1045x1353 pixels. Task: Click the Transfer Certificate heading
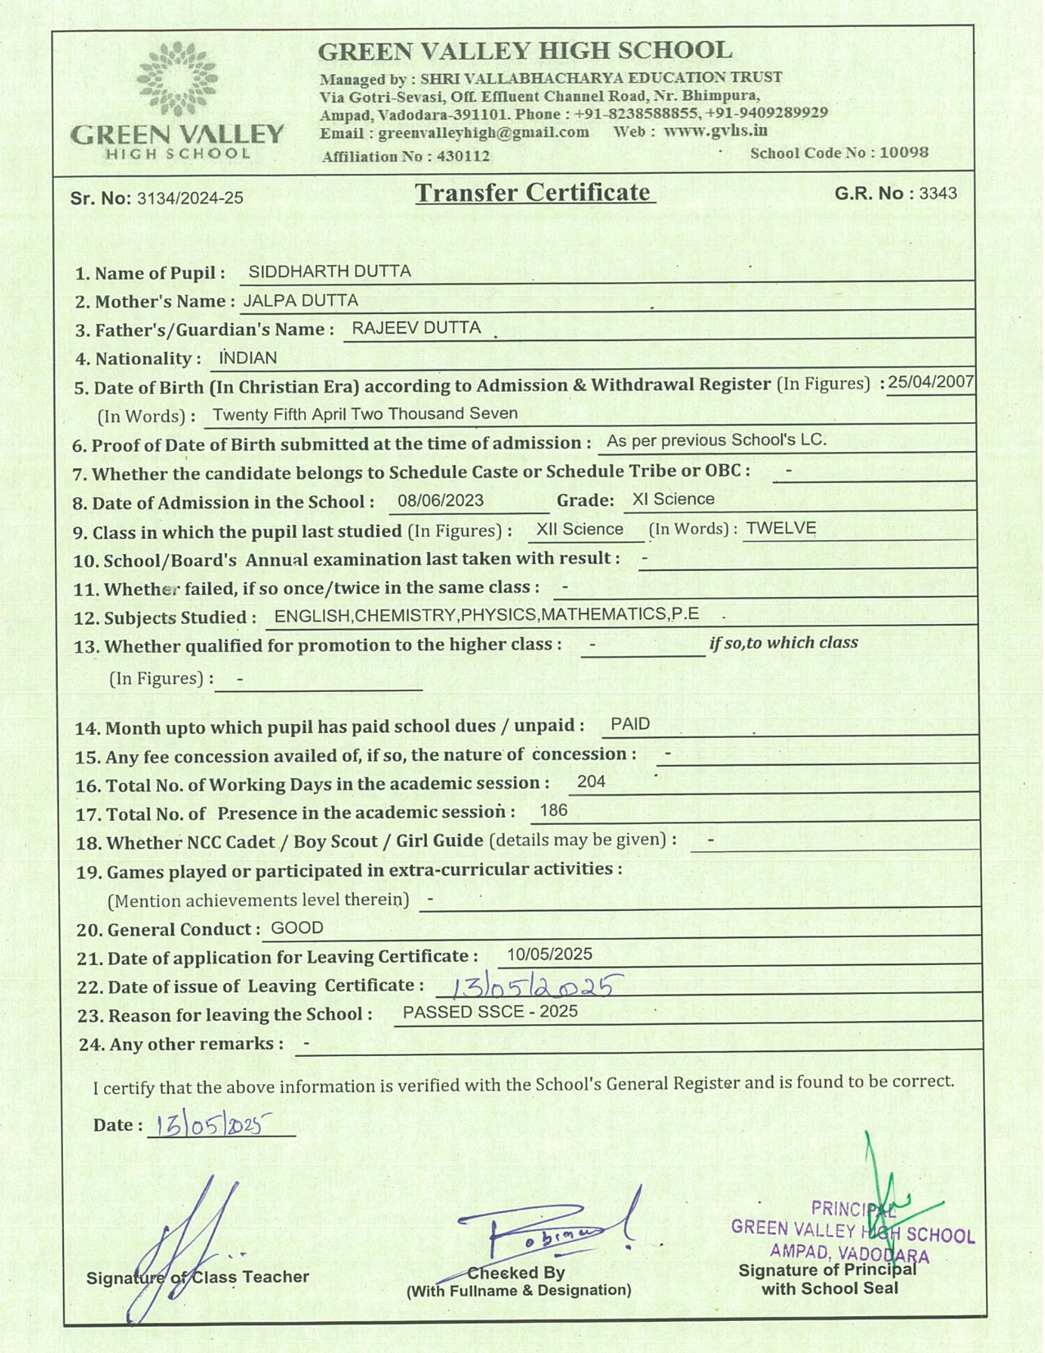[x=534, y=193]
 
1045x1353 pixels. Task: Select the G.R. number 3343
[x=938, y=194]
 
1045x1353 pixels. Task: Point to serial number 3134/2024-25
[x=189, y=198]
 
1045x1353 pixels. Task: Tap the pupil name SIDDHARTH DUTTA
[x=329, y=271]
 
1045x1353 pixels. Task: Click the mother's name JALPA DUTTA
[x=300, y=301]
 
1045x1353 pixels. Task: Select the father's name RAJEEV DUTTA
[x=416, y=328]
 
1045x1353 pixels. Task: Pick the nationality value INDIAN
[x=248, y=358]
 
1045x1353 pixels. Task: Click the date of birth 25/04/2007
[x=930, y=382]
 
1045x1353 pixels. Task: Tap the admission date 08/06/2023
[x=440, y=500]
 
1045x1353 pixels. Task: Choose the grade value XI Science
[x=673, y=499]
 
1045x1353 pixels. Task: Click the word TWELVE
[x=781, y=528]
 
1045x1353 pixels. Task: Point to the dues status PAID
[x=630, y=724]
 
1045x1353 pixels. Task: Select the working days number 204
[x=591, y=781]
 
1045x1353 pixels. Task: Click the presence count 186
[x=554, y=810]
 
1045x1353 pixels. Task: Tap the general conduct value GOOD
[x=297, y=927]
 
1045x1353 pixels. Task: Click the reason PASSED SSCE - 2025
[x=490, y=1012]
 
